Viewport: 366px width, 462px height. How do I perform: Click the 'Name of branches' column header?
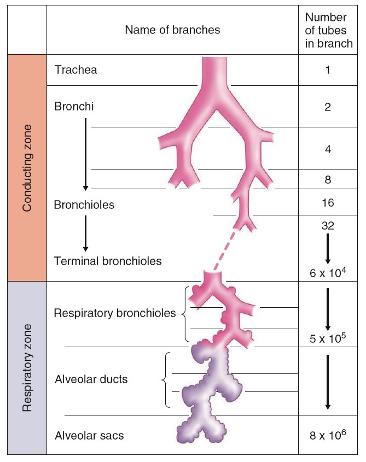(x=172, y=30)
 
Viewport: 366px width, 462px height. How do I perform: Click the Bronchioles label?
(x=84, y=205)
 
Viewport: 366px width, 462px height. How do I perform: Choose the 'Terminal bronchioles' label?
(x=108, y=261)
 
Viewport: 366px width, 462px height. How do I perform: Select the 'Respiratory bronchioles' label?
(x=115, y=313)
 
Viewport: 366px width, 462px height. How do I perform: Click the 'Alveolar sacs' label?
(x=89, y=436)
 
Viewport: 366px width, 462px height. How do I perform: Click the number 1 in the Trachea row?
(x=327, y=70)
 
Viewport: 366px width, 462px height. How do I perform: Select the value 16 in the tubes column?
(x=327, y=203)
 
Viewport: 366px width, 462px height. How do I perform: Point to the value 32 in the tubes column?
(x=327, y=224)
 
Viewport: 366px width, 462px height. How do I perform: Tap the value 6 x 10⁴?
(x=328, y=271)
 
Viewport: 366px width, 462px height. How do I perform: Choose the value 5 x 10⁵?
(x=328, y=338)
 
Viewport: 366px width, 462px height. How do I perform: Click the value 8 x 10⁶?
(x=328, y=435)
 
